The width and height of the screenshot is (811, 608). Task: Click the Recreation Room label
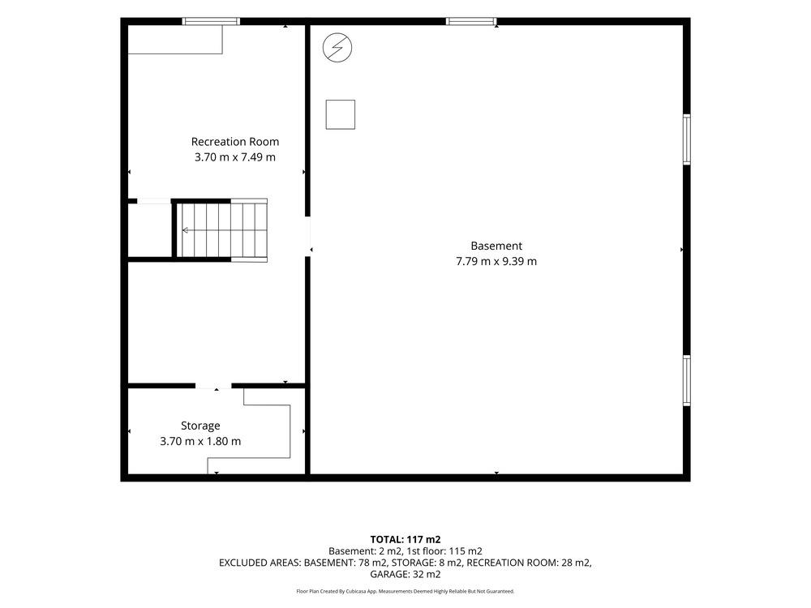click(235, 142)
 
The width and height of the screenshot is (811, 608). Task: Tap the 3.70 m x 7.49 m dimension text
click(235, 157)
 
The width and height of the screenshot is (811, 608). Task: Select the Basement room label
click(496, 246)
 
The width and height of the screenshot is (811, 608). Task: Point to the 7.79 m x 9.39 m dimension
click(496, 261)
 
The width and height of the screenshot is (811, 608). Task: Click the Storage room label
click(200, 426)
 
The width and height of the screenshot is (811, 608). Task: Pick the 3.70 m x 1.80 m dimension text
click(200, 441)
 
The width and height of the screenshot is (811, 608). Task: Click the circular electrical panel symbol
click(337, 48)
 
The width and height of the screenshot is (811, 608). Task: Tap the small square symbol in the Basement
click(341, 114)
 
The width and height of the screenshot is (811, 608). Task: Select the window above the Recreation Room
click(211, 21)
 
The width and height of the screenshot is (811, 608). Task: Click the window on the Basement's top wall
click(471, 21)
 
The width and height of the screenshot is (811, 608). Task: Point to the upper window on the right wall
click(687, 139)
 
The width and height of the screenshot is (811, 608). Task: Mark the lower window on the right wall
click(687, 380)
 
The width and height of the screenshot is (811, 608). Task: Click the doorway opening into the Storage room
click(213, 386)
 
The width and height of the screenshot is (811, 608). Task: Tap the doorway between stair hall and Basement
click(307, 236)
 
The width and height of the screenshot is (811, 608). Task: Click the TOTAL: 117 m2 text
click(405, 540)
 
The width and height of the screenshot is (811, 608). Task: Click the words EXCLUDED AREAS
click(260, 563)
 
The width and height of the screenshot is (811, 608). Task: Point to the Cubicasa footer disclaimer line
click(405, 591)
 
